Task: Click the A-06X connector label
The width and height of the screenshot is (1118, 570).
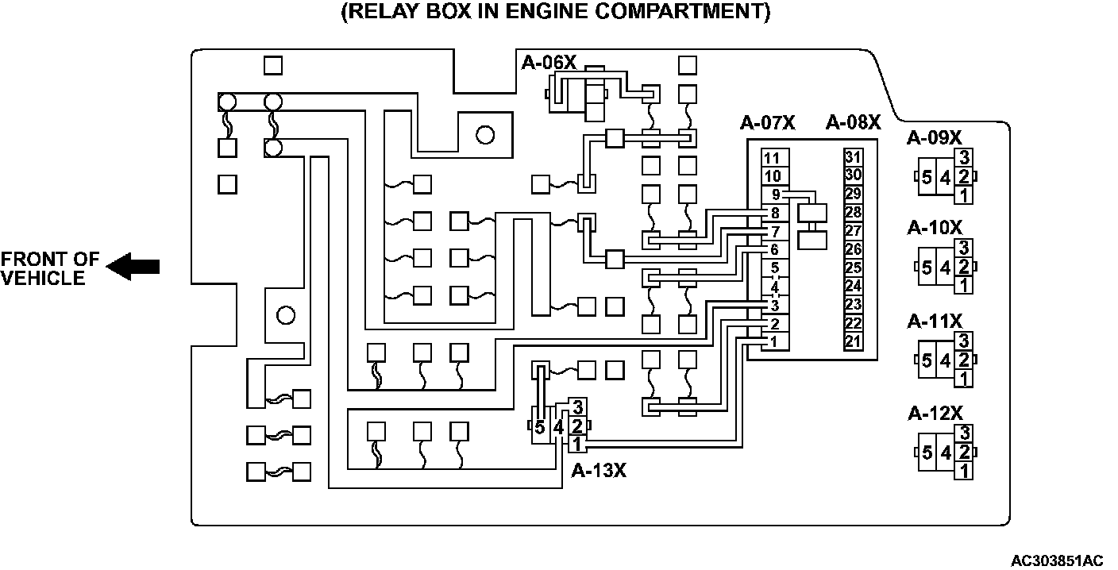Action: tap(549, 62)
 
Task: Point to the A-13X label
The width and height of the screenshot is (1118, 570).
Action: tap(599, 471)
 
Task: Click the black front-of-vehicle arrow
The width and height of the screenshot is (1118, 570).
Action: tap(133, 267)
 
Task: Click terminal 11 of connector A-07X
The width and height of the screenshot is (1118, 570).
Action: tap(775, 157)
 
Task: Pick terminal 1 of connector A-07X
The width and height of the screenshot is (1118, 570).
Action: tap(774, 342)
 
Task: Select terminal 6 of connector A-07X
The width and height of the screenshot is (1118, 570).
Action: tap(774, 249)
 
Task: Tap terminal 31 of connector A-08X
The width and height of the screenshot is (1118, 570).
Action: tap(854, 156)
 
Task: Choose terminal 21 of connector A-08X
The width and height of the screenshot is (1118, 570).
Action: tap(854, 342)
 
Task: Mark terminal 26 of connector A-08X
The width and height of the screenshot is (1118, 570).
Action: tap(854, 249)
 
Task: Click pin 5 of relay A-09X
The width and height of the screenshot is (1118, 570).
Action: tap(927, 178)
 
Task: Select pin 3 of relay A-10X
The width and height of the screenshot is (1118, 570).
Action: tap(964, 248)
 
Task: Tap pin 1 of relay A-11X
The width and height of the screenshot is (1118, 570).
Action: tap(964, 379)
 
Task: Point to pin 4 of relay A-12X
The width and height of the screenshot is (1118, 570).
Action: tap(945, 453)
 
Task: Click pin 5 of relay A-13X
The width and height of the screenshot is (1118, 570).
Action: tap(540, 428)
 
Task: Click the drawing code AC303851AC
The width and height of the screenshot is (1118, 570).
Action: tap(1056, 560)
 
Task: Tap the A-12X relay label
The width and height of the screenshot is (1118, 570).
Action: tap(935, 414)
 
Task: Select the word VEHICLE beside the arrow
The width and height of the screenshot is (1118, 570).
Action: tap(43, 278)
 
